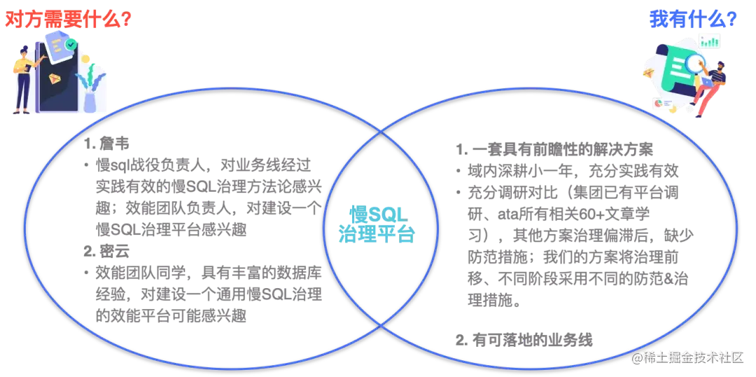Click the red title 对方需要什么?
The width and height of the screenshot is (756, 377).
(69, 19)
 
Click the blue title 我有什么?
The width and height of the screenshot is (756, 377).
(693, 19)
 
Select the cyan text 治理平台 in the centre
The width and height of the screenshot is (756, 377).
(376, 234)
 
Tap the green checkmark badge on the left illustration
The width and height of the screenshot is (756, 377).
(71, 44)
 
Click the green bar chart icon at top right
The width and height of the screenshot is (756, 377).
(710, 41)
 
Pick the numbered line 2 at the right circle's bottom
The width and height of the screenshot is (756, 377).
(524, 339)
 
